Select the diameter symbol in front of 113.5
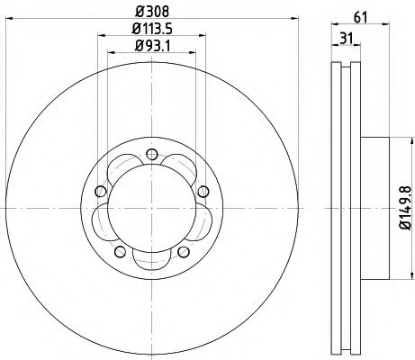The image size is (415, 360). click(132, 34)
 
